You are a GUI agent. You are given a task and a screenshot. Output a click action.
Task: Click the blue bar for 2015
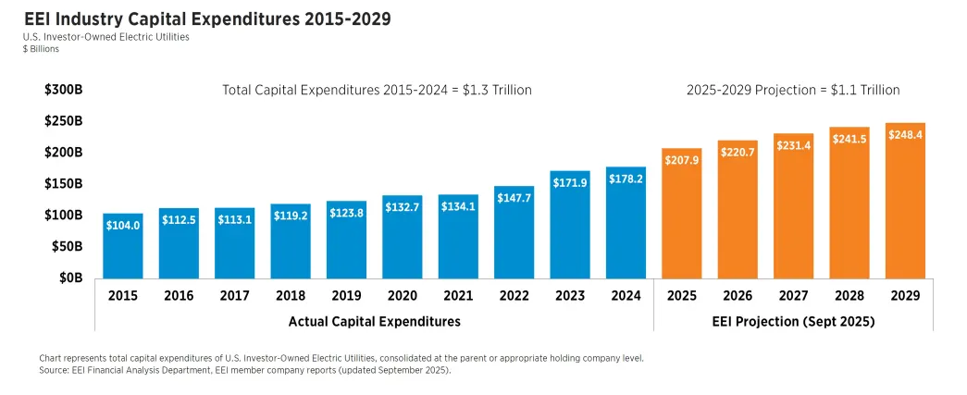[123, 245]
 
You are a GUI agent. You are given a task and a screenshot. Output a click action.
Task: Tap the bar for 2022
[514, 231]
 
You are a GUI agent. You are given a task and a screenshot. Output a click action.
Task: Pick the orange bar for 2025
[682, 213]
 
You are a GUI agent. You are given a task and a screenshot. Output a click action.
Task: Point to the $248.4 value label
[905, 135]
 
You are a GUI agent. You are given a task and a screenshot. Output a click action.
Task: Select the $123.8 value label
[346, 213]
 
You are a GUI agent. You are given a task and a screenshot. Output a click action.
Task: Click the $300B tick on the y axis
[64, 90]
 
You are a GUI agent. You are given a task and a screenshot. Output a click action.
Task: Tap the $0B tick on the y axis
[70, 278]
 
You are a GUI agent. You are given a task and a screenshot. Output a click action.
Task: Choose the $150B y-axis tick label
[64, 183]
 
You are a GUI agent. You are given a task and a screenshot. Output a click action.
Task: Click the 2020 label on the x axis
[402, 296]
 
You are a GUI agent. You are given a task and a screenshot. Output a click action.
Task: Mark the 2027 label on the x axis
[793, 296]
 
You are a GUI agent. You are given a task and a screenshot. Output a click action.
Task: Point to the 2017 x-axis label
[234, 296]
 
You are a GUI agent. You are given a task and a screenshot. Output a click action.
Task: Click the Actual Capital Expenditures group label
[374, 321]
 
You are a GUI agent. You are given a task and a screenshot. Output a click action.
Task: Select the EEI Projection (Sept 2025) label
[793, 321]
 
